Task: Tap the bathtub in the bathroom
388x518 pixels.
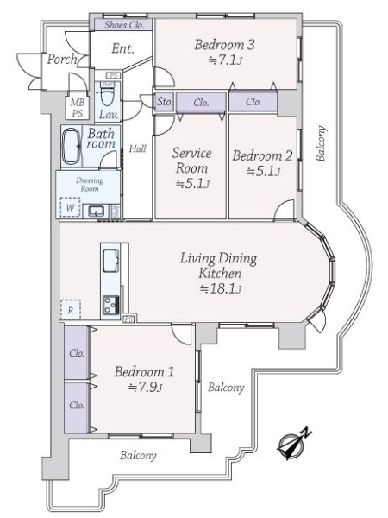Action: click(x=71, y=146)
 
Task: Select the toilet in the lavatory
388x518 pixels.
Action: click(x=106, y=94)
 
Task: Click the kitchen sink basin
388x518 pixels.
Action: click(x=110, y=261)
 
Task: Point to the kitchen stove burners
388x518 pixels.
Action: click(x=110, y=305)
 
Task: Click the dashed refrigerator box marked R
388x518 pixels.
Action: click(x=71, y=310)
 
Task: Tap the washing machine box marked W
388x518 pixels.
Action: click(x=70, y=207)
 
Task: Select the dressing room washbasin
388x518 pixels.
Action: click(x=96, y=211)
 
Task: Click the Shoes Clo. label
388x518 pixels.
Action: click(x=124, y=25)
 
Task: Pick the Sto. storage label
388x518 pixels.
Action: click(x=165, y=101)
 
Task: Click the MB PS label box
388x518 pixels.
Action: click(x=78, y=108)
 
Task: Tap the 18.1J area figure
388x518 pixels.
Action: click(x=221, y=289)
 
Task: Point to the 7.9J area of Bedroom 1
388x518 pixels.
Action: click(x=145, y=387)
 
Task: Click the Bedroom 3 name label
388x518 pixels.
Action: click(x=224, y=45)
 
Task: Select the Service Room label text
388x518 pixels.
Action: click(x=191, y=161)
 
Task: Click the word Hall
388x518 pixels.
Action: click(x=138, y=148)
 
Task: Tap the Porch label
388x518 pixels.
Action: click(x=62, y=60)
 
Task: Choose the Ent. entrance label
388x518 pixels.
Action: click(x=122, y=48)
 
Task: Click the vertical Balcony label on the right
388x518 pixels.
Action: click(x=321, y=143)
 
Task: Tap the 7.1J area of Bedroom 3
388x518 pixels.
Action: click(x=225, y=60)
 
